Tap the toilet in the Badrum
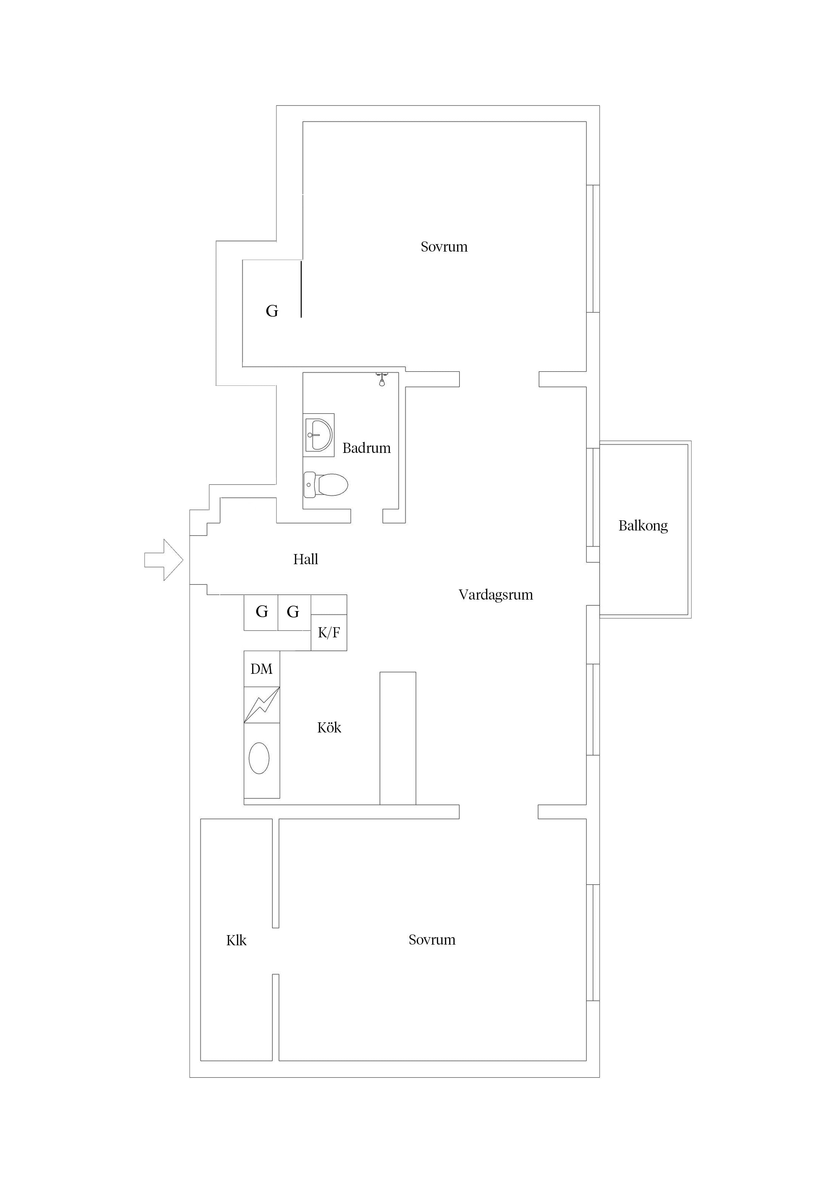[326, 484]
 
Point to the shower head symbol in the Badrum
[382, 379]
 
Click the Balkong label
[643, 525]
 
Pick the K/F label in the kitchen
[329, 632]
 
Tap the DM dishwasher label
[261, 669]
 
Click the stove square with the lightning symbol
[262, 704]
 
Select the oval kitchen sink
[259, 758]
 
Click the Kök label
[329, 727]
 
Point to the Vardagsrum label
[496, 595]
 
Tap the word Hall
[305, 559]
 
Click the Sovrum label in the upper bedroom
[444, 247]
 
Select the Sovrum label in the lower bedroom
[431, 940]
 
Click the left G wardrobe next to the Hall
[261, 612]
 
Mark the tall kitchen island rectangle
[398, 738]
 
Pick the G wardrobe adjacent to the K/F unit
[294, 612]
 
